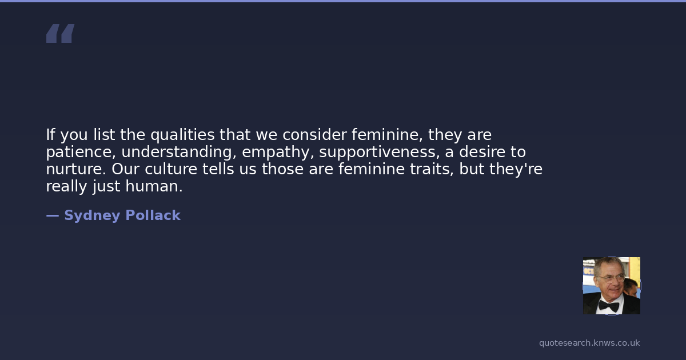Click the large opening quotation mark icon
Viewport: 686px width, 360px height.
[61, 33]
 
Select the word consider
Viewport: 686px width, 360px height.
[314, 135]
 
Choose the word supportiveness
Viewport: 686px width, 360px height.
[380, 152]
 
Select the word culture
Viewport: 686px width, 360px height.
[171, 169]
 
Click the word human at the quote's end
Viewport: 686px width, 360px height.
[154, 186]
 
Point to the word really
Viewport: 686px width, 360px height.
[66, 186]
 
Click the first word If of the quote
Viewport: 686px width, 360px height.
[50, 135]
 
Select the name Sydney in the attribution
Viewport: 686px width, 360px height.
[92, 216]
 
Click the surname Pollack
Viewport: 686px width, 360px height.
[153, 215]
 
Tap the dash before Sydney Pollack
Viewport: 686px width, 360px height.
[53, 215]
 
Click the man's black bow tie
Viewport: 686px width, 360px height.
[608, 306]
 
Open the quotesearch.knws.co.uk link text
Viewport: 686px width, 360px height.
[589, 343]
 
